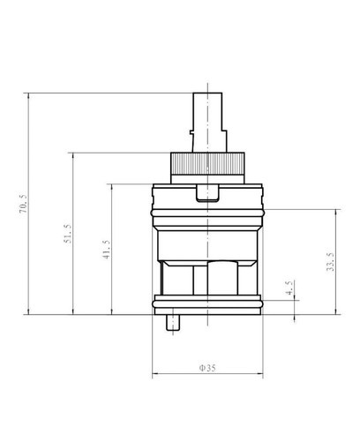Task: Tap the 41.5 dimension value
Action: (x=106, y=251)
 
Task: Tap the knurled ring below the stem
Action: (x=208, y=165)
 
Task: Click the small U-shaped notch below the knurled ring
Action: (x=208, y=194)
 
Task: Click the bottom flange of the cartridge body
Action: (x=208, y=300)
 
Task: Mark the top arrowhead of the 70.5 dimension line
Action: (x=32, y=94)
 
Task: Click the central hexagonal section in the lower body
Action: (x=209, y=278)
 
